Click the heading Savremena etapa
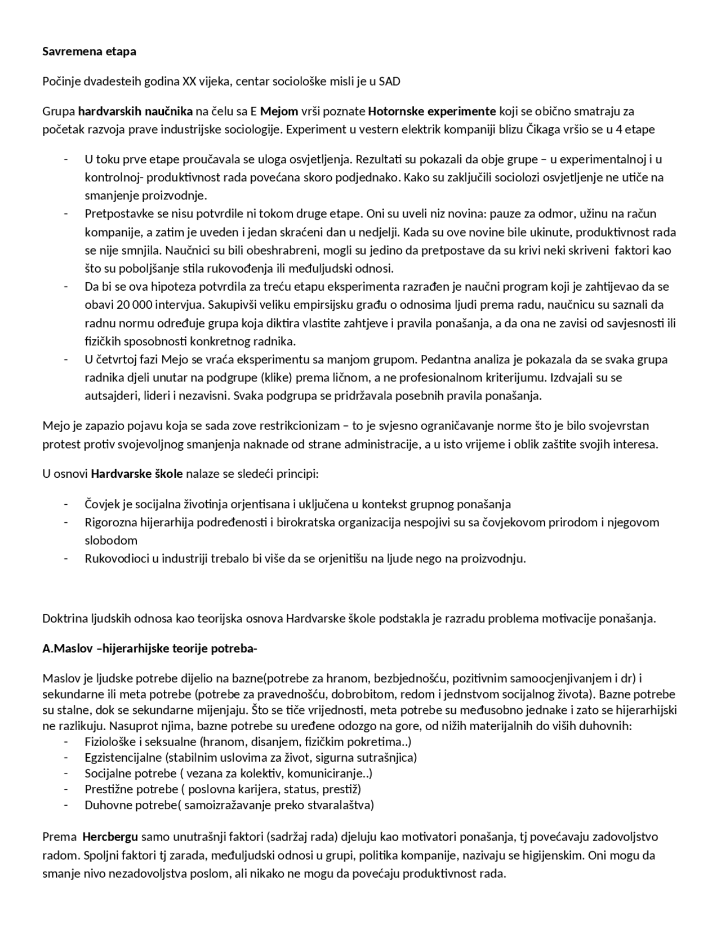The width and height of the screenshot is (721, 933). pos(89,52)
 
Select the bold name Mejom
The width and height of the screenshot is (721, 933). pos(279,111)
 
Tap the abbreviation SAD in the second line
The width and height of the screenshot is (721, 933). pos(389,81)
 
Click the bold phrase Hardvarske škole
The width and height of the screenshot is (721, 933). pos(137,474)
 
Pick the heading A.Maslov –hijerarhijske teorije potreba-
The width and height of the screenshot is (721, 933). pos(149,648)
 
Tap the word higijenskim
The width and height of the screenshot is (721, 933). pos(552,855)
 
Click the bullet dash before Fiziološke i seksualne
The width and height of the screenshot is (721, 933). pos(66,742)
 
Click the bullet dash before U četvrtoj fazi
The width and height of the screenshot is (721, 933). pos(66,359)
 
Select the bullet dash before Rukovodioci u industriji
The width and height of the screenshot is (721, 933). pos(66,559)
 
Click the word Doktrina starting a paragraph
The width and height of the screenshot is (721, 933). pos(65,619)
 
